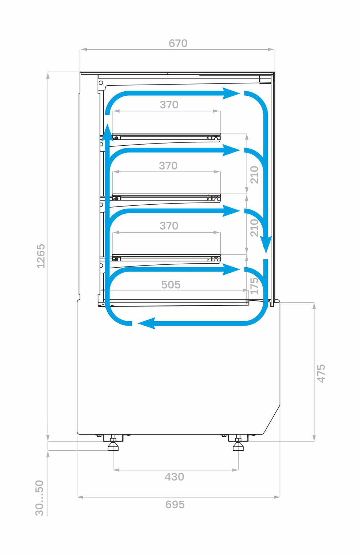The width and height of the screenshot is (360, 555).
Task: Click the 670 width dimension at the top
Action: (178, 44)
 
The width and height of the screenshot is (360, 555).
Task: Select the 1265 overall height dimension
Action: (41, 256)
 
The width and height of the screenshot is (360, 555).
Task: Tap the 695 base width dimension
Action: (175, 505)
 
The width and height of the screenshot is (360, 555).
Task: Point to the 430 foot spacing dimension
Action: (174, 477)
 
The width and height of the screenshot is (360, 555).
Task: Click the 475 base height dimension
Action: (321, 373)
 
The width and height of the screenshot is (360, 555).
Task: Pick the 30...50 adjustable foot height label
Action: (39, 498)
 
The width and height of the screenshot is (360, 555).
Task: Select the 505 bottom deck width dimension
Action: (171, 285)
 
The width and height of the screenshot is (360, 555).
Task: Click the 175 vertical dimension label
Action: (255, 286)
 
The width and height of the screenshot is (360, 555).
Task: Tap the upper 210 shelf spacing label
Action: (255, 175)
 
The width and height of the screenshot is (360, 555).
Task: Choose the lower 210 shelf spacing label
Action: (255, 228)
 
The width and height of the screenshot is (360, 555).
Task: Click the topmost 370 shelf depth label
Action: (169, 105)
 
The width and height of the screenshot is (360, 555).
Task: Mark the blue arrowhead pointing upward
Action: (107, 132)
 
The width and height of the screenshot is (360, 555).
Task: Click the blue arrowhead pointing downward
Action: (266, 245)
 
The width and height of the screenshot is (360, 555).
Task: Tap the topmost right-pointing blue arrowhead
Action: (230, 94)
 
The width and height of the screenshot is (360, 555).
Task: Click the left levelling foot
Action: (113, 445)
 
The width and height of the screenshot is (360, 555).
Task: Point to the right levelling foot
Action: (238, 445)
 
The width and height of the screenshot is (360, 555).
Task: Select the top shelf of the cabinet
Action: (166, 137)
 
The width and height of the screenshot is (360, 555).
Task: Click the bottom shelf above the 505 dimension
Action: (166, 259)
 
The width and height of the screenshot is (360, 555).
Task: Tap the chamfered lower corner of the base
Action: (272, 420)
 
